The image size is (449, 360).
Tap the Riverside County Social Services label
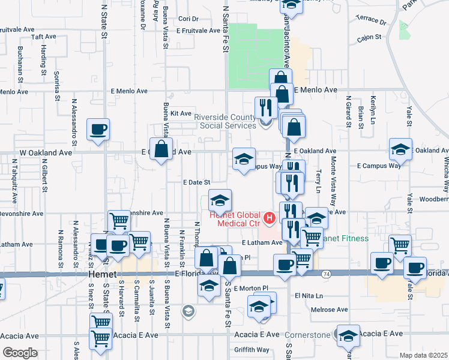click(x=224, y=121)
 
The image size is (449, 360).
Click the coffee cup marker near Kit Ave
click(x=98, y=129)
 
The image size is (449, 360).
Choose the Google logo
click(x=19, y=353)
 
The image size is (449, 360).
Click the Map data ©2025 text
click(x=423, y=355)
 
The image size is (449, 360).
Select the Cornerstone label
click(x=307, y=335)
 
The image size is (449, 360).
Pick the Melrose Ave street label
click(x=330, y=310)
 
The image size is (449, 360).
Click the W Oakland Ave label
click(x=46, y=152)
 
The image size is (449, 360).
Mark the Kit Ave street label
click(x=181, y=113)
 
